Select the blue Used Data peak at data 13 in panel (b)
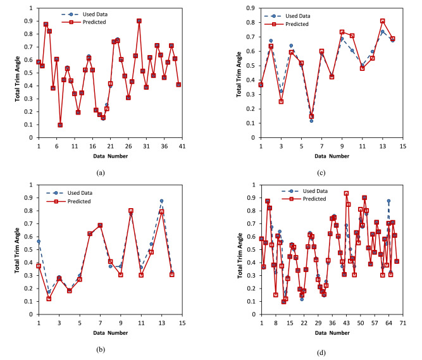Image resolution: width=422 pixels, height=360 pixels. click(x=161, y=201)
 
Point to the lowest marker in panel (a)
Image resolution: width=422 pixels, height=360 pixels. click(x=60, y=125)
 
